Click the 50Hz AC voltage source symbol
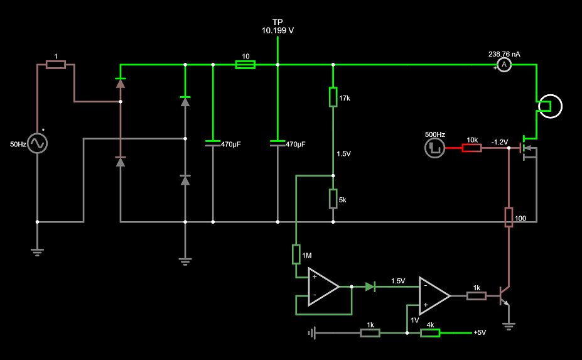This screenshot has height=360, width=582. (x=37, y=144)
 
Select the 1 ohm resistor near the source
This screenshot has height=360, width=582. (x=56, y=65)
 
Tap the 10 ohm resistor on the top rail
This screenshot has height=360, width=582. (x=245, y=64)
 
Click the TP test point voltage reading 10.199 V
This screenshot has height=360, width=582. (x=278, y=30)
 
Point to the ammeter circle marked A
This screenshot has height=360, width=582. (x=504, y=65)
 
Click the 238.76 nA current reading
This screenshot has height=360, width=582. (x=504, y=54)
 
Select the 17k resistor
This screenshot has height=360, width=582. (x=333, y=97)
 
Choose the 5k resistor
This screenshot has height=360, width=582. (x=333, y=199)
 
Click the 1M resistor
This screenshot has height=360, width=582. (x=296, y=254)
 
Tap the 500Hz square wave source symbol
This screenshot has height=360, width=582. (x=434, y=148)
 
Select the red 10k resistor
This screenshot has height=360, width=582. (x=472, y=148)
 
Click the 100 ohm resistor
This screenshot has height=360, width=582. (x=509, y=217)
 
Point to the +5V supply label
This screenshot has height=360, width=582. (x=480, y=333)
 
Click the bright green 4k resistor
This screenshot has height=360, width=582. (x=430, y=333)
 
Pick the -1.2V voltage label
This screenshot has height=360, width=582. (x=500, y=141)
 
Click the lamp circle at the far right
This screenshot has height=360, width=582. (x=551, y=106)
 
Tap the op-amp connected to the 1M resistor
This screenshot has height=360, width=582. (x=323, y=286)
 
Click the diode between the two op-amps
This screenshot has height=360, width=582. (x=370, y=286)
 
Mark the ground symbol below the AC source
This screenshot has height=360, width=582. (x=37, y=252)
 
